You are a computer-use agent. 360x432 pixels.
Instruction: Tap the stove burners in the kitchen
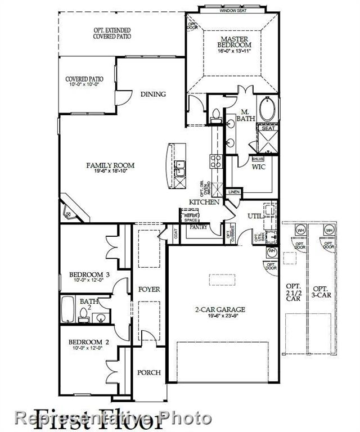pos(216,161)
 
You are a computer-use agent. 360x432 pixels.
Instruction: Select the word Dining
pos(153,94)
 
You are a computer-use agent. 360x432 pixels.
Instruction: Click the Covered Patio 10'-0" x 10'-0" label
pos(84,82)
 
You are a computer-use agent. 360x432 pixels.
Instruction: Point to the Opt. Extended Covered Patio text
pos(112,33)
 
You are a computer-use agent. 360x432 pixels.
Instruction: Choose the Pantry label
pos(199,227)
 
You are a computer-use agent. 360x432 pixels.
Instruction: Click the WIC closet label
pos(259,167)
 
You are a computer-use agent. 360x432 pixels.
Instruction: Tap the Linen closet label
pos(233,192)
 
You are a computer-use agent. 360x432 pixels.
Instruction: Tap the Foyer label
pos(149,289)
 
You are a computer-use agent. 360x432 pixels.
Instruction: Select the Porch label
pos(149,372)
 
